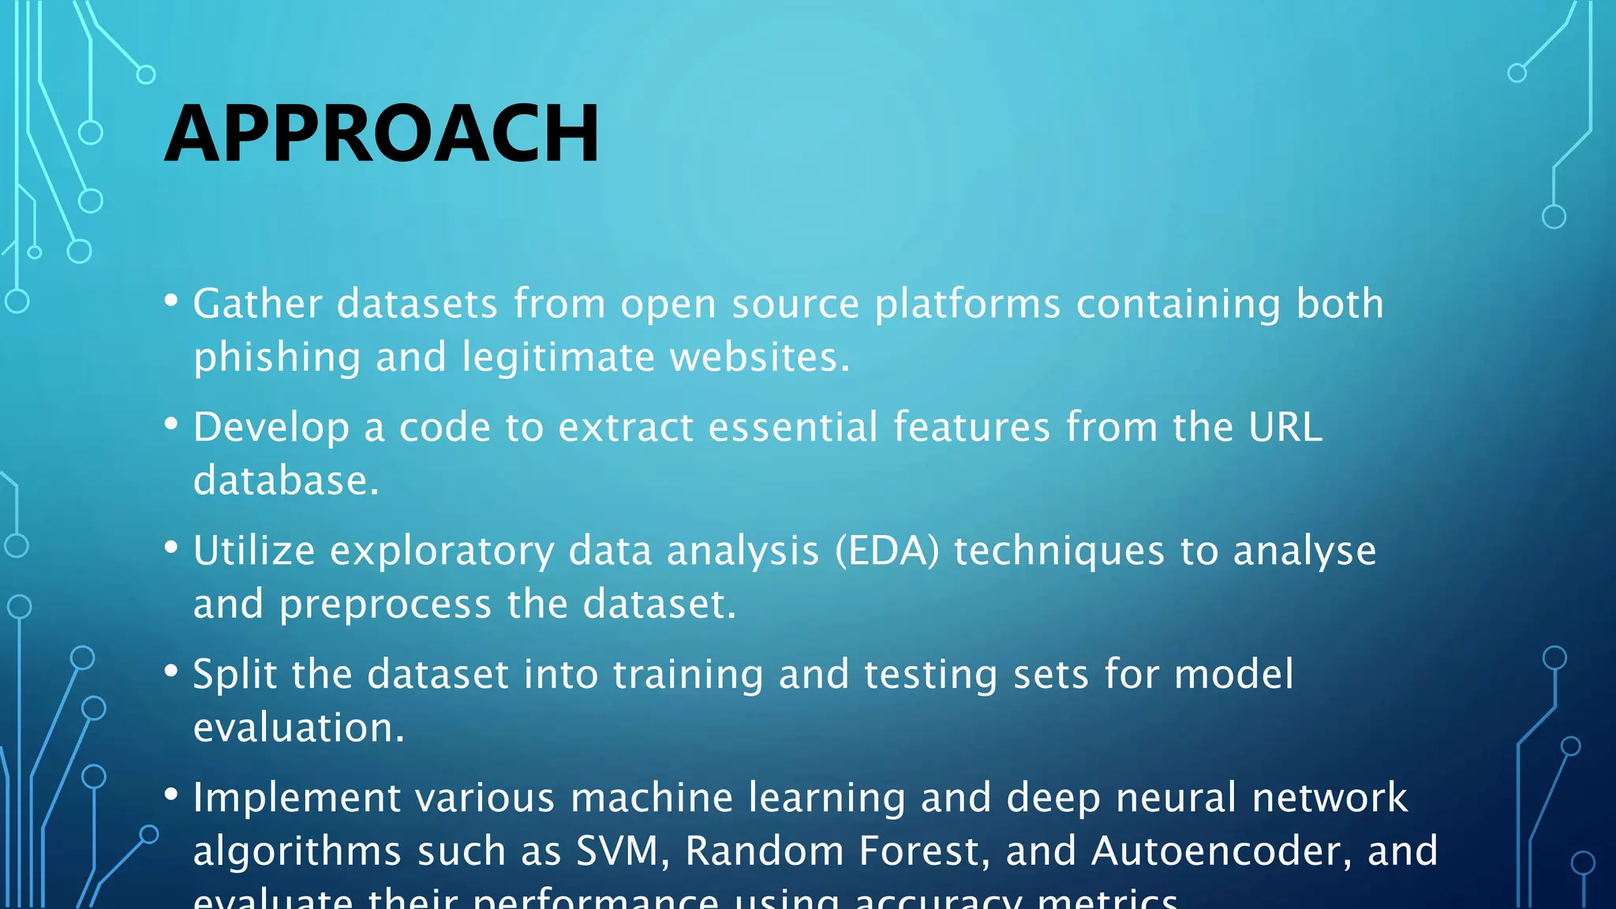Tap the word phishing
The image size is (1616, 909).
click(x=277, y=357)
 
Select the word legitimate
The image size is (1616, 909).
click(x=559, y=357)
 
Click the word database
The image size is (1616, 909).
click(x=286, y=481)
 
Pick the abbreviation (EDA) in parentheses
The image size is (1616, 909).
click(x=888, y=551)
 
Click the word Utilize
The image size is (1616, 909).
click(x=254, y=551)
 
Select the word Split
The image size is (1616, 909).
click(x=235, y=675)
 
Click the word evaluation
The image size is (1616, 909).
click(x=298, y=728)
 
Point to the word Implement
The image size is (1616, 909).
click(x=297, y=798)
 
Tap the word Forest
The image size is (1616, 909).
click(x=924, y=851)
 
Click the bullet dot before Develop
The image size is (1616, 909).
click(x=171, y=424)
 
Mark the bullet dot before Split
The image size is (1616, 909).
click(x=171, y=671)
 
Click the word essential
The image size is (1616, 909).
click(x=793, y=427)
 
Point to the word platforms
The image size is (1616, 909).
click(x=968, y=304)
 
